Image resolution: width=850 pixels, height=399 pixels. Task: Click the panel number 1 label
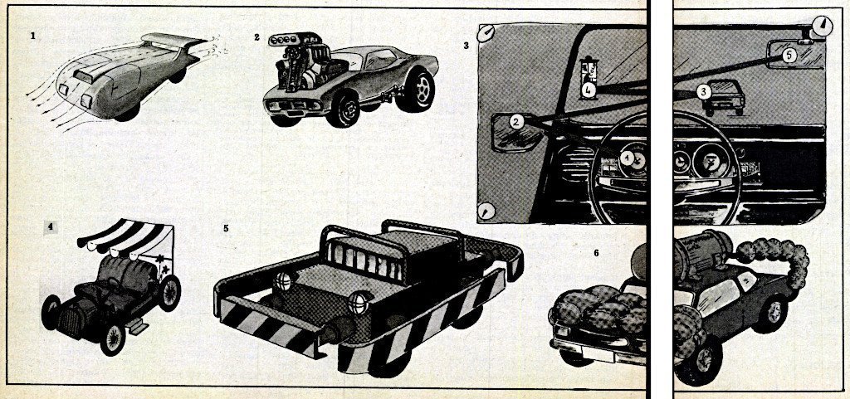coord(33,36)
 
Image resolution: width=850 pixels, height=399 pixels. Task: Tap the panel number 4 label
coord(51,226)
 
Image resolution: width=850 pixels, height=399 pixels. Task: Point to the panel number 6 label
coord(596,253)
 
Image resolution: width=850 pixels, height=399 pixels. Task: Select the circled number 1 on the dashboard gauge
coord(628,158)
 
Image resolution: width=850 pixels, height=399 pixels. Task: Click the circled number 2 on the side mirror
coord(516,123)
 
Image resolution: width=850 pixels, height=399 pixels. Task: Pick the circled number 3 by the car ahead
coord(704,92)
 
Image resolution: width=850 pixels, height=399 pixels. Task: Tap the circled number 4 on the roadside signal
coord(588,90)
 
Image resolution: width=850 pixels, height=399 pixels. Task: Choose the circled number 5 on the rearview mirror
coord(789,56)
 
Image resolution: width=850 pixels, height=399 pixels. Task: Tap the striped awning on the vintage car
coord(126,236)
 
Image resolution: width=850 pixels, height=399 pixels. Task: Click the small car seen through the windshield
coord(724,97)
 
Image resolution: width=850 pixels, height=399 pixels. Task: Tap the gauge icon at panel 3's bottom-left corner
coord(486,212)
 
